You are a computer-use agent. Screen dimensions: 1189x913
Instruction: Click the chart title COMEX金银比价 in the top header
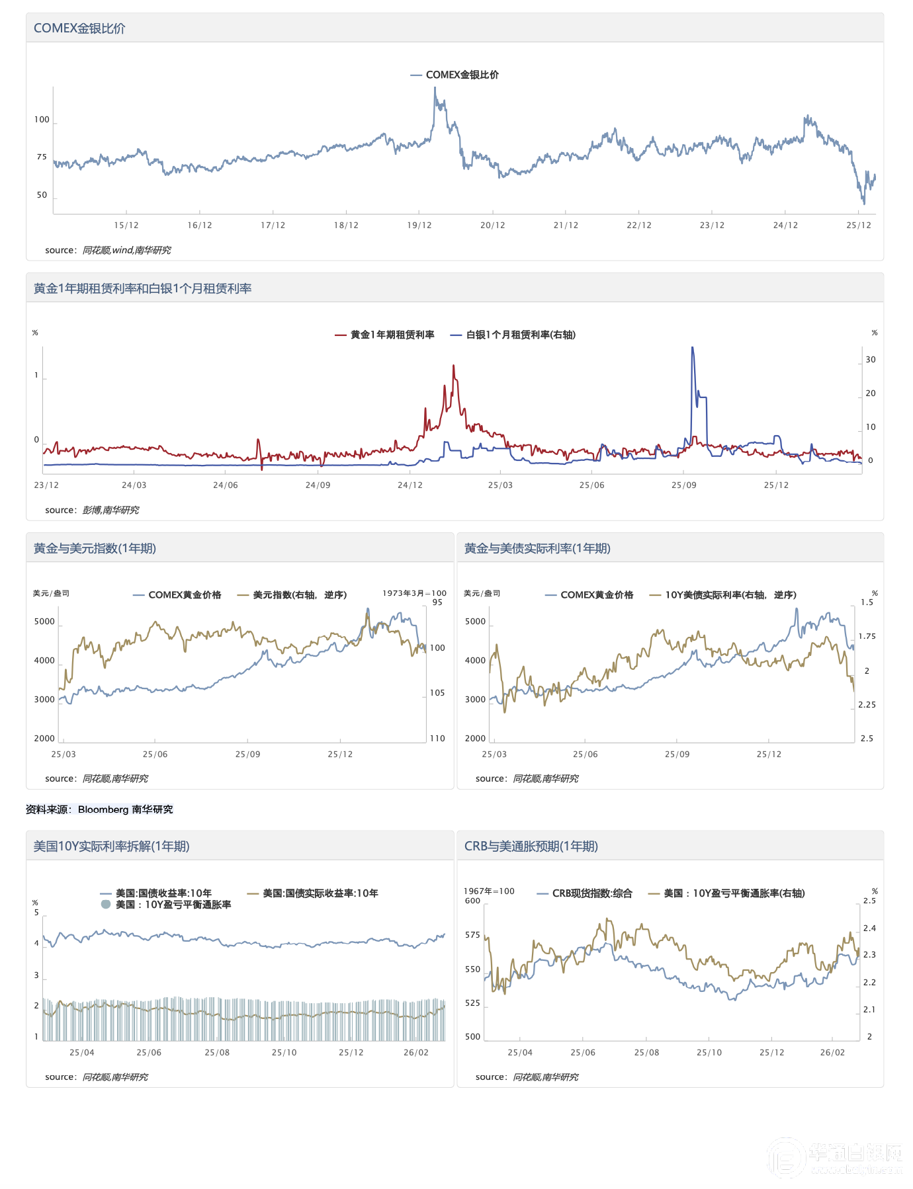coord(79,28)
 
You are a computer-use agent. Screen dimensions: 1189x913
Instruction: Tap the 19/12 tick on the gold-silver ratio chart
coord(419,225)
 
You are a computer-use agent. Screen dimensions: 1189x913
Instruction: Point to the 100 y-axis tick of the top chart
coord(42,120)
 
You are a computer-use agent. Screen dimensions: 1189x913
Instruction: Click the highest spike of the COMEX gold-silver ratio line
coord(435,89)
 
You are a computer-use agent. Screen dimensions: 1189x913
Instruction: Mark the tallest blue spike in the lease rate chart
coord(692,348)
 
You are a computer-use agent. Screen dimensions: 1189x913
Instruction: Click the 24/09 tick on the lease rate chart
coord(318,485)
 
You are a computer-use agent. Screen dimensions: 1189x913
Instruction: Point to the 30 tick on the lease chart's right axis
coord(871,360)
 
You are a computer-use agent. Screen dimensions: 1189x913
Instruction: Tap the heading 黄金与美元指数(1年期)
coord(95,549)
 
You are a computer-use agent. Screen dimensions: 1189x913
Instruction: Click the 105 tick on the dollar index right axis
coord(437,693)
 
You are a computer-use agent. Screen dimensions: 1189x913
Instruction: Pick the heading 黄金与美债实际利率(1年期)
coord(537,549)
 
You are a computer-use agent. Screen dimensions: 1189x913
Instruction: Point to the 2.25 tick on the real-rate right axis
coord(867,705)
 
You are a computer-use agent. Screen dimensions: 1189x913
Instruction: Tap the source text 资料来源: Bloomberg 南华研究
coord(99,809)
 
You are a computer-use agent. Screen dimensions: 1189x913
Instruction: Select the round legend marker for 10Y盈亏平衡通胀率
coord(106,905)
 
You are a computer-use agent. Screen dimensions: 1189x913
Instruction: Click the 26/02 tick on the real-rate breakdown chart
coord(416,1053)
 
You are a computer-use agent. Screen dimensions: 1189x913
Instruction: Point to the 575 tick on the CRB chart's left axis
coord(472,935)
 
